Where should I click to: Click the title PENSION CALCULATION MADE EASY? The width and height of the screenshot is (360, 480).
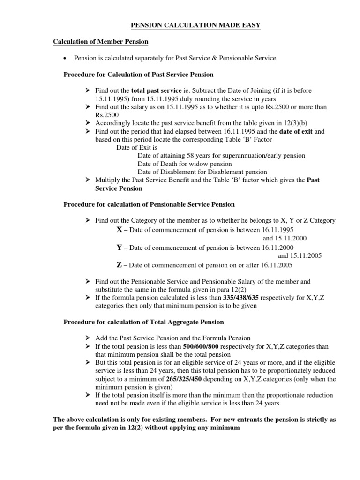(x=187, y=25)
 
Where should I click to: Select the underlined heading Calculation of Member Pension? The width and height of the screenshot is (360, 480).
(x=100, y=42)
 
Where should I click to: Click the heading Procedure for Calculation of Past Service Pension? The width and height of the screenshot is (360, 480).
(x=138, y=75)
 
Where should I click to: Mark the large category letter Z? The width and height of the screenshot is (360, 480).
(x=119, y=265)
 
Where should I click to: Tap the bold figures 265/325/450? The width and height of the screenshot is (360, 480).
(x=180, y=379)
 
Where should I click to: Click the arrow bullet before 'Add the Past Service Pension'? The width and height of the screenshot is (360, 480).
(x=88, y=338)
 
